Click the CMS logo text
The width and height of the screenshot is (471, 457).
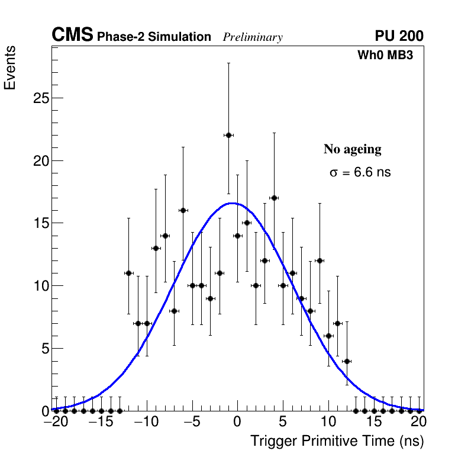click(72, 36)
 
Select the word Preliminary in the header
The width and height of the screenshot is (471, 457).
click(253, 37)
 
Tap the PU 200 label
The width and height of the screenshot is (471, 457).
click(399, 36)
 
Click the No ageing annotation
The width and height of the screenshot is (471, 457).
click(352, 149)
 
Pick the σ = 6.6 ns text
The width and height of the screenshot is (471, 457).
click(360, 173)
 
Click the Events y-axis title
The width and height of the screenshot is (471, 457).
click(10, 69)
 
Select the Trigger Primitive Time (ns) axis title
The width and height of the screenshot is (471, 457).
click(337, 441)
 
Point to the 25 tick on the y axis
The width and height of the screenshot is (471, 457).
click(40, 98)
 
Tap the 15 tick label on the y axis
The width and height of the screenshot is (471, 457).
click(40, 223)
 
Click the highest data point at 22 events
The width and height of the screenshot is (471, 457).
click(228, 135)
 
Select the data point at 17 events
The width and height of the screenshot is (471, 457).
click(274, 198)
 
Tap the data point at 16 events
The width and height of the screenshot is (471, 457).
click(183, 210)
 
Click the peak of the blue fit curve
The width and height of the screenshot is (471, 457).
click(232, 203)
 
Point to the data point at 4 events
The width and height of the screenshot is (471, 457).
click(347, 361)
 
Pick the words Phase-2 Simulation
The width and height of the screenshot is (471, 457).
click(154, 37)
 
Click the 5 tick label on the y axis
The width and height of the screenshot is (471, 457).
click(43, 348)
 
